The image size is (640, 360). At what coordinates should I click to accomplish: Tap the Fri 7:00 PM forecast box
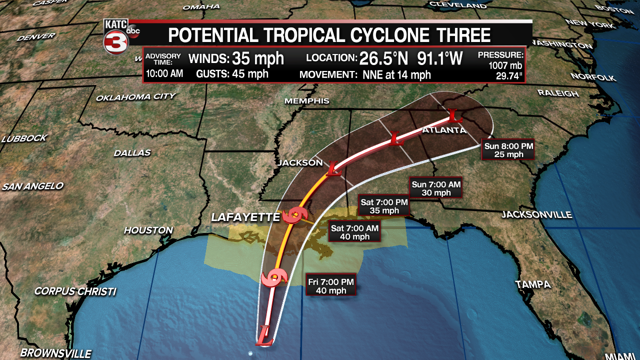pos(331,286)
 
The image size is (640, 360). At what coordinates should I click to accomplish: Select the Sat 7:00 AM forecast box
pos(354,232)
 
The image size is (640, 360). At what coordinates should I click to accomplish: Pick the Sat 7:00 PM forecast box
pos(384,206)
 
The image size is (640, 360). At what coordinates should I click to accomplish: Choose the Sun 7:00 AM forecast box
pos(435,188)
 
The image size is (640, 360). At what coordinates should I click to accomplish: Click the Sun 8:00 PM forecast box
pos(508,150)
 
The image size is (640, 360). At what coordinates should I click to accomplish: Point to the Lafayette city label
pos(245,217)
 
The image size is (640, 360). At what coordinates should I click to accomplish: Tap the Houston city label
pos(148,230)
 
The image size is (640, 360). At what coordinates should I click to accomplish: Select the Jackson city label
pos(300,163)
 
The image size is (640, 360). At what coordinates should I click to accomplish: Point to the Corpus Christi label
pos(75,291)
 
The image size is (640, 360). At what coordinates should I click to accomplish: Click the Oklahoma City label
pos(135,96)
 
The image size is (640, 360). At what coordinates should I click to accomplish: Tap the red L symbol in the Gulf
pos(264,334)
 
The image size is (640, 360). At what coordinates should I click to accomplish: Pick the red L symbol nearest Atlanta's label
pos(453,115)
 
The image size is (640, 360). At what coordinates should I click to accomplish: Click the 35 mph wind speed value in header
pos(257,58)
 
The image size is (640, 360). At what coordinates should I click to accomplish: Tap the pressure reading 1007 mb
pos(506,65)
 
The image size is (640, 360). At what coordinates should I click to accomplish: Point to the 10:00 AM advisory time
pos(164,74)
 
